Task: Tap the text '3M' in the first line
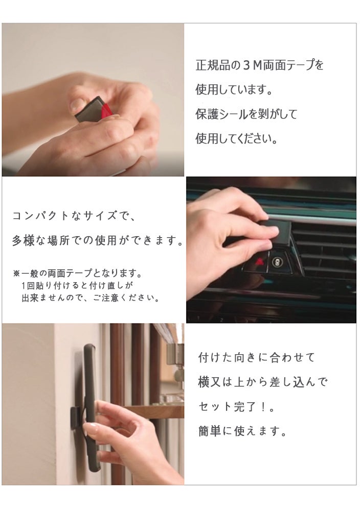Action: point(252,65)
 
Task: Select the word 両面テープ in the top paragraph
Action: point(289,65)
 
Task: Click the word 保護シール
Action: point(221,114)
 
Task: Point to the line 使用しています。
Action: point(234,89)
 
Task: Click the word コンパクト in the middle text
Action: point(40,216)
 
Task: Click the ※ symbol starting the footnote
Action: point(16,274)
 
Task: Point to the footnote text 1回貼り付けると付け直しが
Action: point(77,286)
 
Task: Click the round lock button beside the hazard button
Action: point(277,261)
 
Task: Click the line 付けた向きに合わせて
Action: point(256,357)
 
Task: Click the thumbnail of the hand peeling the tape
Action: point(93,100)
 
